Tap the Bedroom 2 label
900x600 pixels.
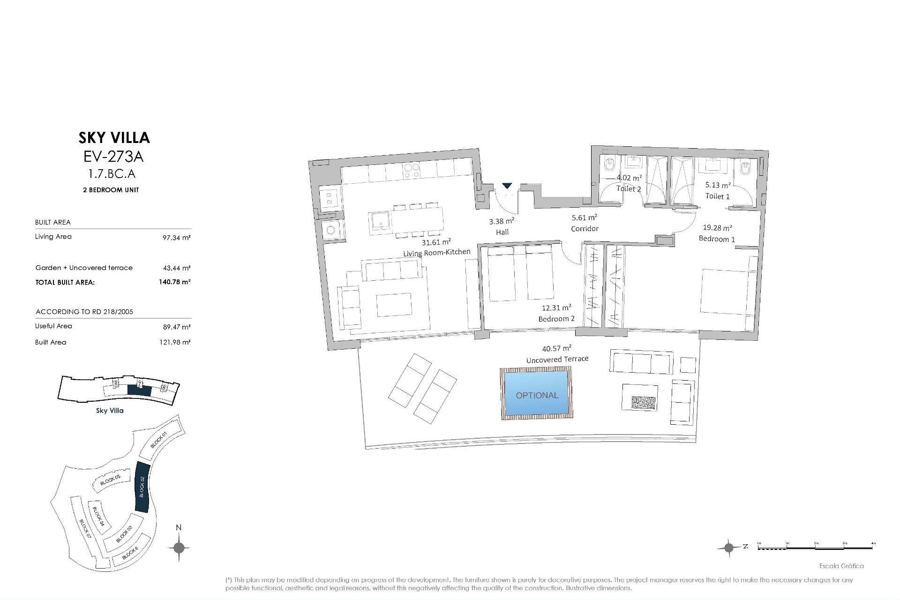(x=556, y=319)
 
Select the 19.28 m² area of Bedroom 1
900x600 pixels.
(x=717, y=228)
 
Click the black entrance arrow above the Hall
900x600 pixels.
(x=507, y=186)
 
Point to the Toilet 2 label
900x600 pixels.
(x=628, y=189)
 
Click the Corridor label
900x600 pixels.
(x=585, y=229)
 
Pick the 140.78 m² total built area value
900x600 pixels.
(x=174, y=282)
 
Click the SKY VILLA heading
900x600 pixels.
(x=114, y=138)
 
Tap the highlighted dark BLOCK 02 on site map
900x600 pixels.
(x=142, y=487)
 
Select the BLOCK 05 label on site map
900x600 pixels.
(x=111, y=480)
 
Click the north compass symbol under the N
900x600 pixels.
(x=179, y=547)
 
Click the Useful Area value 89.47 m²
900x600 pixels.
(x=176, y=327)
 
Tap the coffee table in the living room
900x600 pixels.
(x=394, y=306)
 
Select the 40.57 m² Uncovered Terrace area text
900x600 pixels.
(x=556, y=348)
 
